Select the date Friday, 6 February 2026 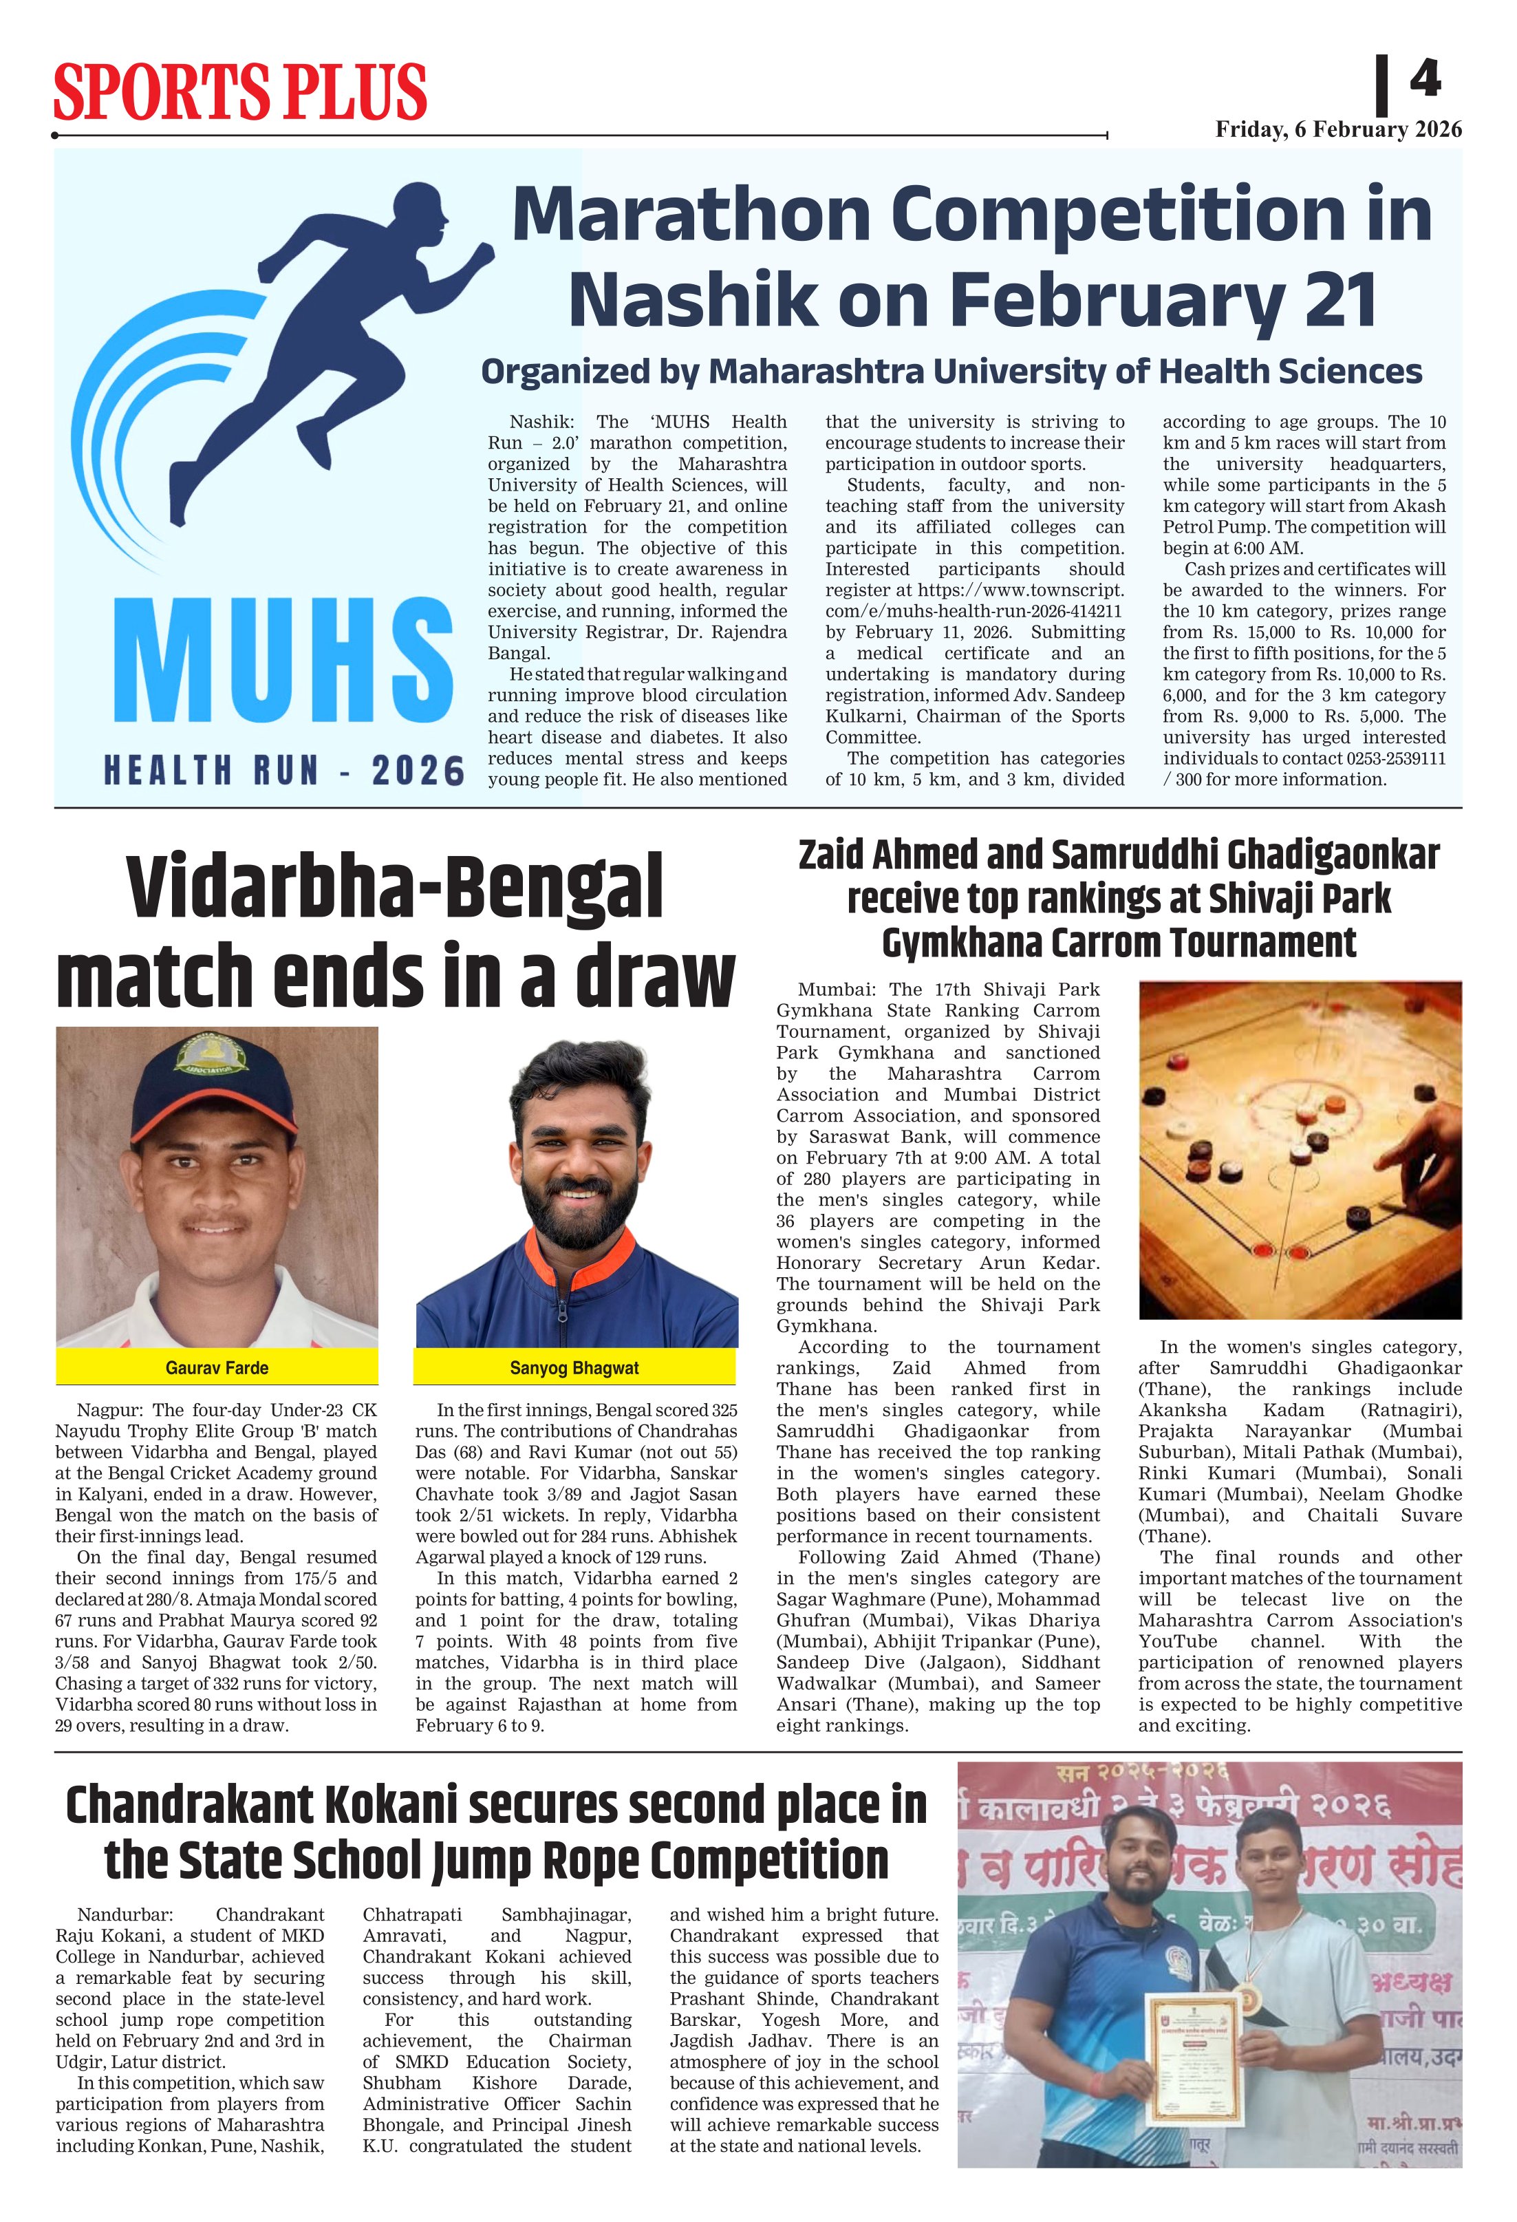[1337, 130]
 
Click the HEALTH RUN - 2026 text [284, 771]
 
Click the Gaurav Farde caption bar [217, 1368]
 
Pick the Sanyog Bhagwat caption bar [574, 1368]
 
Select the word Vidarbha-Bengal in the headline [395, 888]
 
